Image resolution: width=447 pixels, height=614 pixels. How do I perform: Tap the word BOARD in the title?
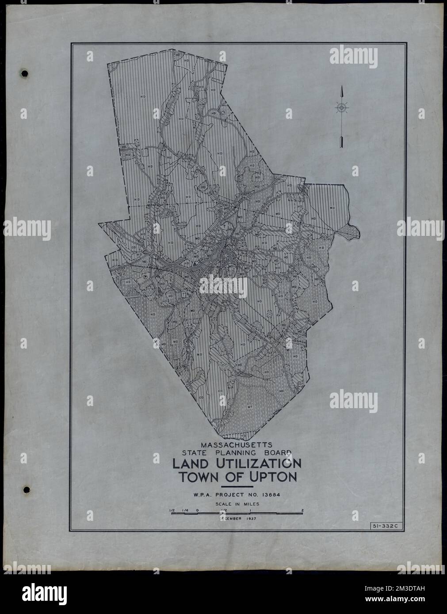pos(275,452)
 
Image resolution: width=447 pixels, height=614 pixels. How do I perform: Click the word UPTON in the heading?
pos(274,477)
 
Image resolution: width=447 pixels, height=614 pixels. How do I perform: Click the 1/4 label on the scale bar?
pos(184,511)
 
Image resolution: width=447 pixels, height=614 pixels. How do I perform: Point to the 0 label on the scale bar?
pos(197,511)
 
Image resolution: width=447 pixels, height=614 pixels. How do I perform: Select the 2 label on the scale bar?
pos(302,511)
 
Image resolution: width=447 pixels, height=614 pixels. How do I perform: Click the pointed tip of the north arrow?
pos(341,87)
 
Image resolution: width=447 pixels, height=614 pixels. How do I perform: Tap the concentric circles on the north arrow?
pos(341,107)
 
